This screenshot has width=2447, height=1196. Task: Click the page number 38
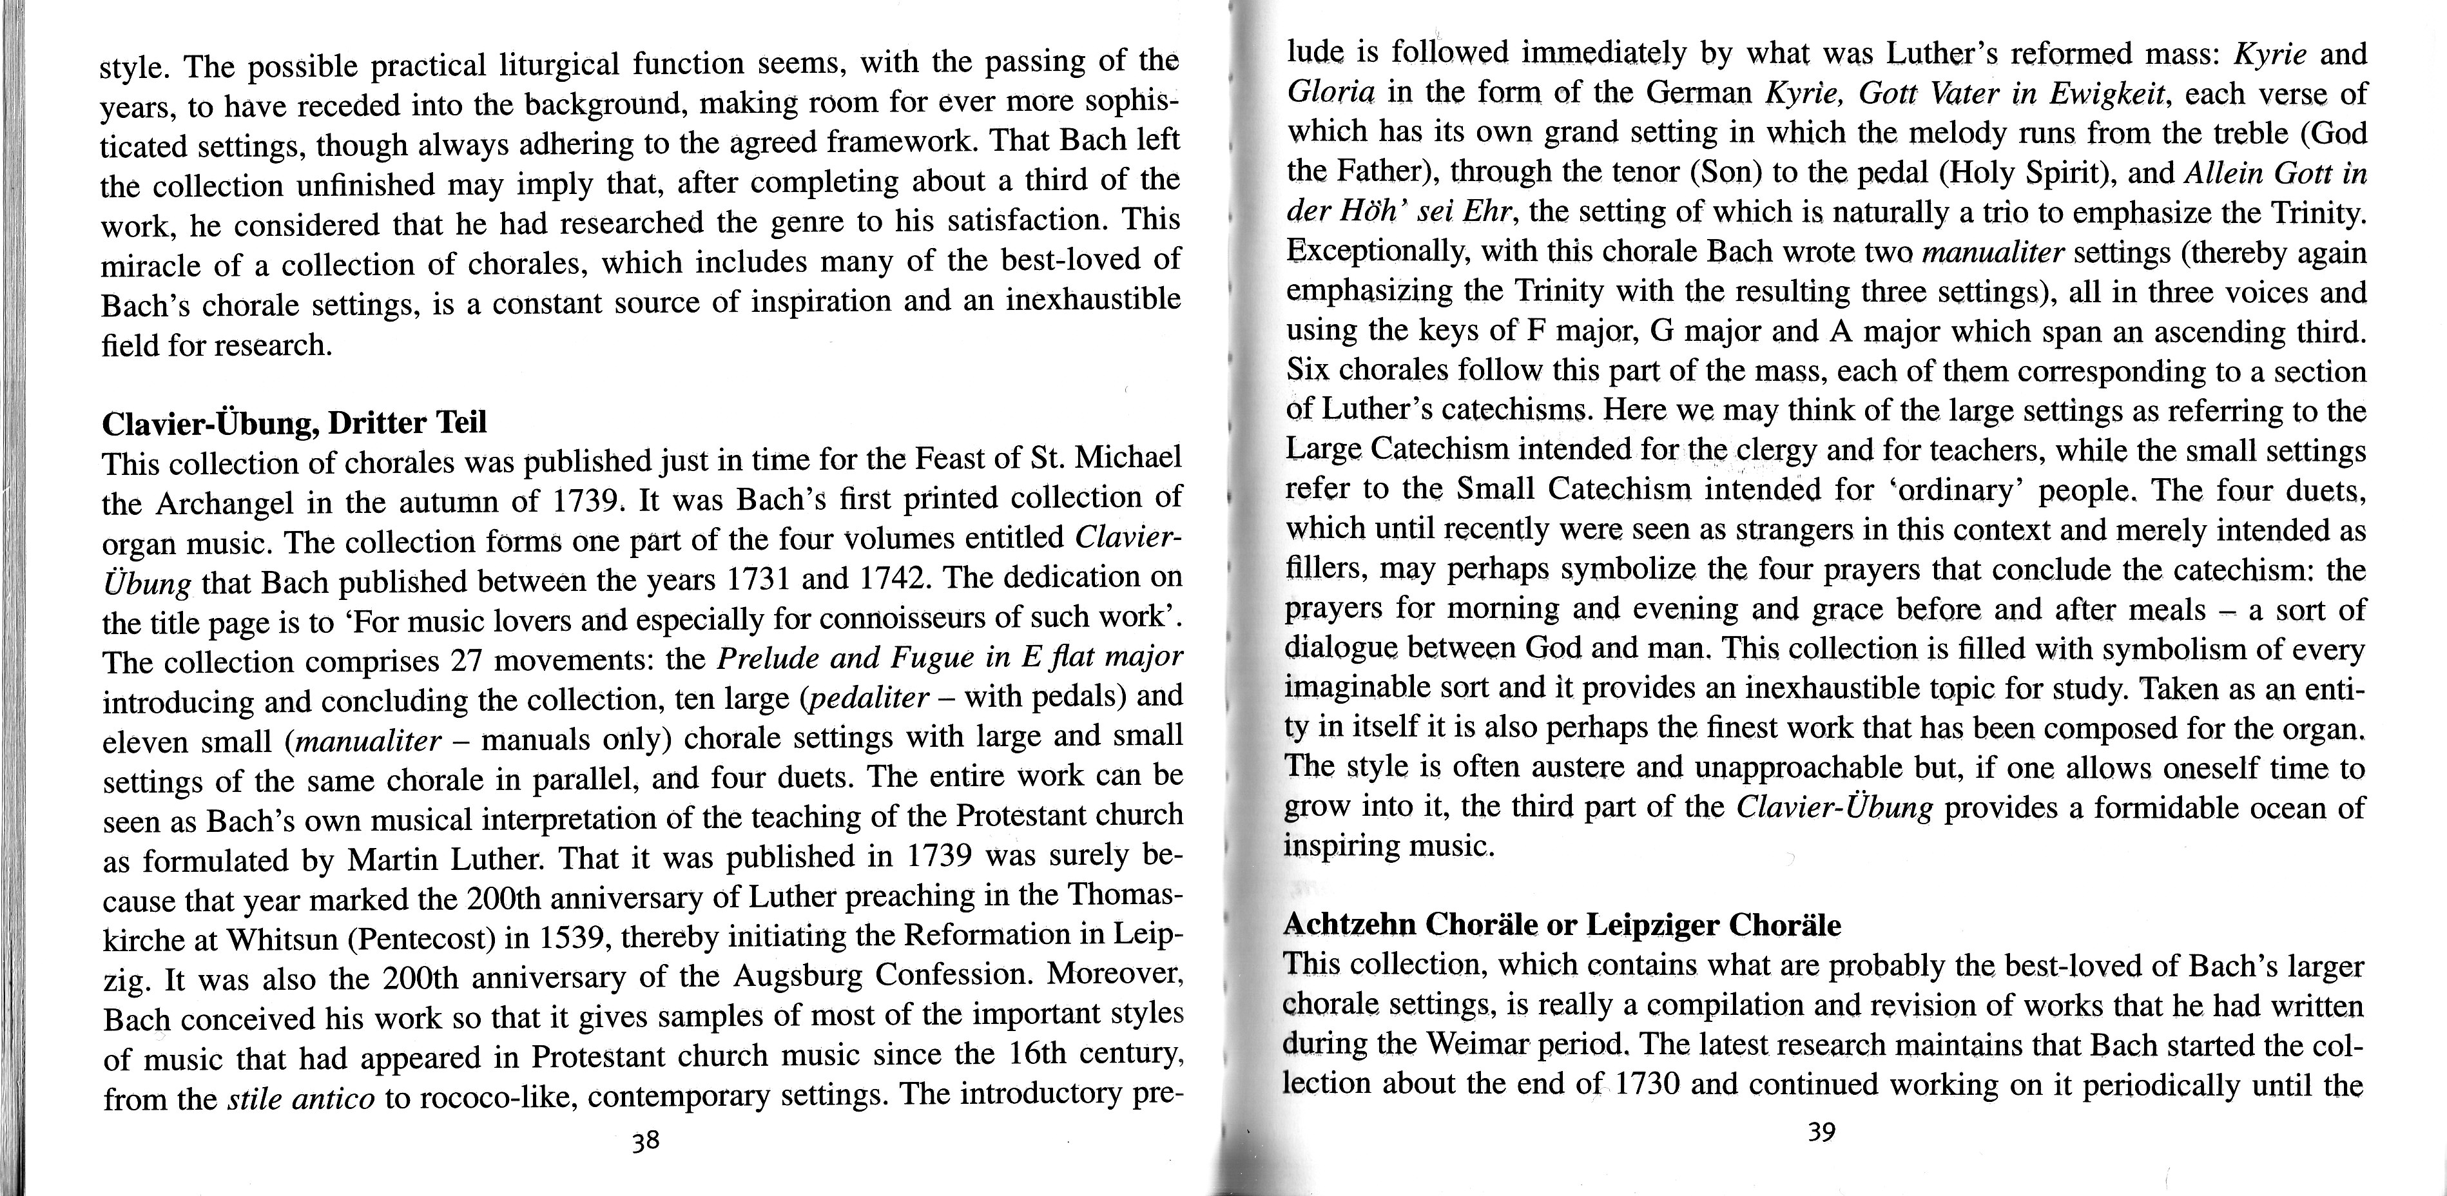coord(646,1140)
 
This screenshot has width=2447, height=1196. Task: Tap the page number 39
coord(1821,1132)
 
